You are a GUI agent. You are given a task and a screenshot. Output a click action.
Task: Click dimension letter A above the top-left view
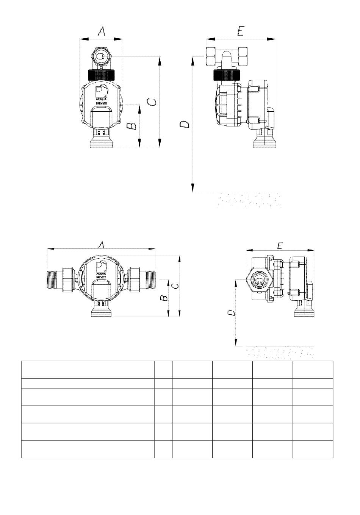click(x=102, y=31)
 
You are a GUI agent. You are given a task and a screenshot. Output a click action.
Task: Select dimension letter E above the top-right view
click(x=241, y=31)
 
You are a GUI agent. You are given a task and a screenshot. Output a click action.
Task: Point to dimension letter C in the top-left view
click(x=152, y=102)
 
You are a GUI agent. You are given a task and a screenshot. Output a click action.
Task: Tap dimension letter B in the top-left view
click(x=132, y=126)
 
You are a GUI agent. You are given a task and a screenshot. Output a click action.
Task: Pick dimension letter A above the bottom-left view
click(x=102, y=245)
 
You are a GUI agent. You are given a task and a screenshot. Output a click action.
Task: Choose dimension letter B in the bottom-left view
click(x=164, y=298)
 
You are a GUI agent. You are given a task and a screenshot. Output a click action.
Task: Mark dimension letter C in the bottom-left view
click(x=175, y=286)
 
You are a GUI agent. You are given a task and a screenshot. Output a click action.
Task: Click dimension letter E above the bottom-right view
click(x=280, y=246)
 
